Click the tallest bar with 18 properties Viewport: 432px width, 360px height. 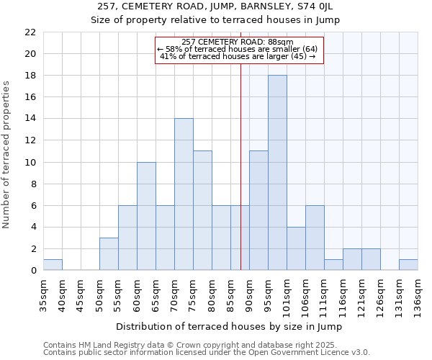coord(277,173)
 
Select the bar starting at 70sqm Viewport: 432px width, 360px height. coord(184,194)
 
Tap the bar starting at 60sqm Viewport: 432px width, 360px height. coord(146,216)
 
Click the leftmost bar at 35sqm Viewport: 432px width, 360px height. coord(53,265)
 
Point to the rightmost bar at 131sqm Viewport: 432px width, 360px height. coord(408,265)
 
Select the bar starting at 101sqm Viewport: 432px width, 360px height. coord(296,248)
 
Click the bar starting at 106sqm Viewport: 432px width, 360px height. coord(315,238)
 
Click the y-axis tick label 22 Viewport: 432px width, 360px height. coord(30,32)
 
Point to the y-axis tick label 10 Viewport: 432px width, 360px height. coord(30,163)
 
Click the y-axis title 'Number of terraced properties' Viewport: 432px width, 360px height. coord(7,155)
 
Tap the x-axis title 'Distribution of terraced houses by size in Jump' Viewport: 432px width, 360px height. coord(229,327)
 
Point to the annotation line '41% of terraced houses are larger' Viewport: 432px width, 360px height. coord(238,56)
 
